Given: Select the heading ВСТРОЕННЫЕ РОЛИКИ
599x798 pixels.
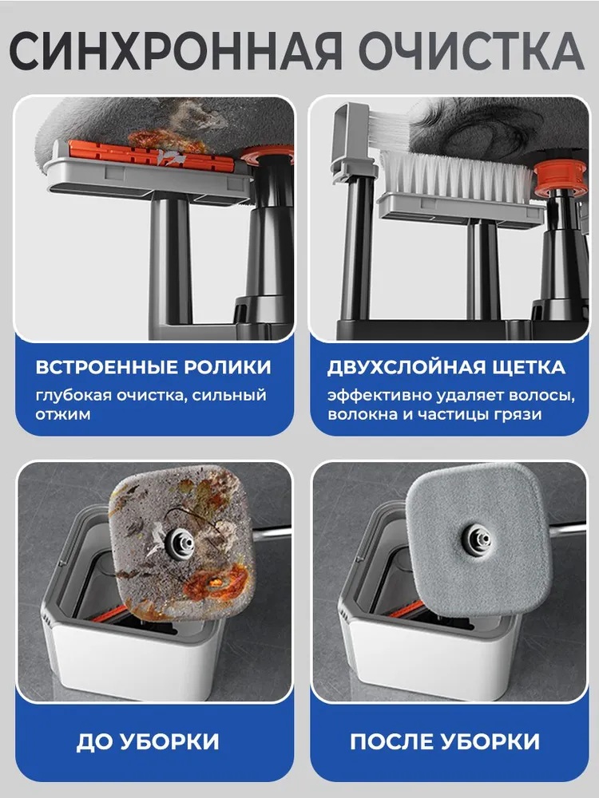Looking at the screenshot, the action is [x=153, y=367].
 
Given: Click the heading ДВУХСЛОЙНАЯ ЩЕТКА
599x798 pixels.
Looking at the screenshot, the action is [x=446, y=367].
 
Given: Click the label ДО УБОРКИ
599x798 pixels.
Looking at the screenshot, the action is [x=148, y=742].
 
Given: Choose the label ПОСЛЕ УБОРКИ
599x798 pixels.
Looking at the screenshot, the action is [x=445, y=742].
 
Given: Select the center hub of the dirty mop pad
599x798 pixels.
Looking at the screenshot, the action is [x=180, y=542].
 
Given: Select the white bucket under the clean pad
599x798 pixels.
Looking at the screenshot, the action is [x=428, y=642].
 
